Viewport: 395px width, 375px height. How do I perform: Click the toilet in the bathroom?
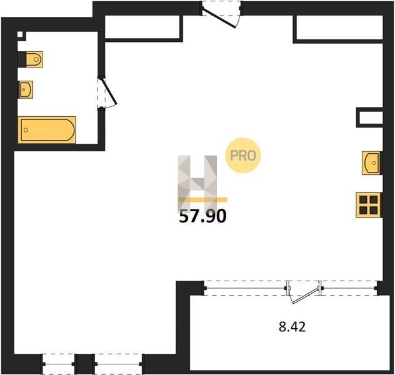pos(34,59)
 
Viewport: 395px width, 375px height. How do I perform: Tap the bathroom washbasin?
pos(26,89)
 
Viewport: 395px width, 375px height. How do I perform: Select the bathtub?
pos(47,130)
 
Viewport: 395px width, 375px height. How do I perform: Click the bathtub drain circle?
pos(26,130)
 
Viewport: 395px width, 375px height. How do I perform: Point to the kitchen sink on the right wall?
pos(371,163)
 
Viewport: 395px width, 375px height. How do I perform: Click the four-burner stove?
pos(368,205)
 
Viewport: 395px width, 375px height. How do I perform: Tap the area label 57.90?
pos(202,216)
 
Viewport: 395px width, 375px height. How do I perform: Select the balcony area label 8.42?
pos(292,327)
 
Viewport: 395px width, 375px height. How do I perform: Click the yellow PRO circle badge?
pos(243,156)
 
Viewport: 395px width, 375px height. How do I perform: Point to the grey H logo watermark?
pos(197,182)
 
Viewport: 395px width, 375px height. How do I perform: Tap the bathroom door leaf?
pos(109,91)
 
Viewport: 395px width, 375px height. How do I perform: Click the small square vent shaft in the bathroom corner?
pos(20,34)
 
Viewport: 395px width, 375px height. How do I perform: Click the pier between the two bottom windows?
pos(84,364)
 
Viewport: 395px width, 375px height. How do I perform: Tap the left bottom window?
pos(59,364)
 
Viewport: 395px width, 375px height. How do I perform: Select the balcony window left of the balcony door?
pos(246,288)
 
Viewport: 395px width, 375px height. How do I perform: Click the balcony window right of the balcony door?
pos(349,288)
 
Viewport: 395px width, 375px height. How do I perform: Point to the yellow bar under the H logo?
pos(202,200)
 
